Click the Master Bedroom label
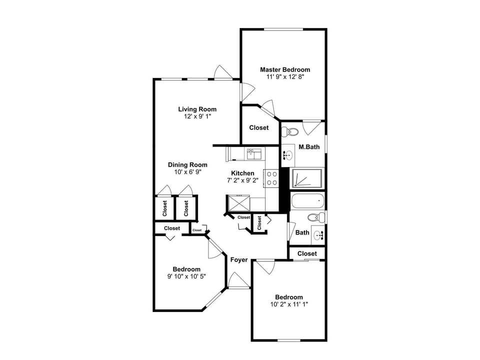pos(284,69)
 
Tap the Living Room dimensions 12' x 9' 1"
pos(197,116)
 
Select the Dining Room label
pos(187,164)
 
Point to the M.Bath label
pos(309,147)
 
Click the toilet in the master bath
pos(289,132)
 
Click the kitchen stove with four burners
pos(271,178)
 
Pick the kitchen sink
pos(252,153)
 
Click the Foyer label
pos(239,259)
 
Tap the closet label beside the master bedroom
pos(259,127)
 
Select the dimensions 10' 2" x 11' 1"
pos(289,304)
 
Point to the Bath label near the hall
pos(302,232)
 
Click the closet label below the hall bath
pos(307,253)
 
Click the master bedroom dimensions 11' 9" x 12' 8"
pos(285,77)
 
